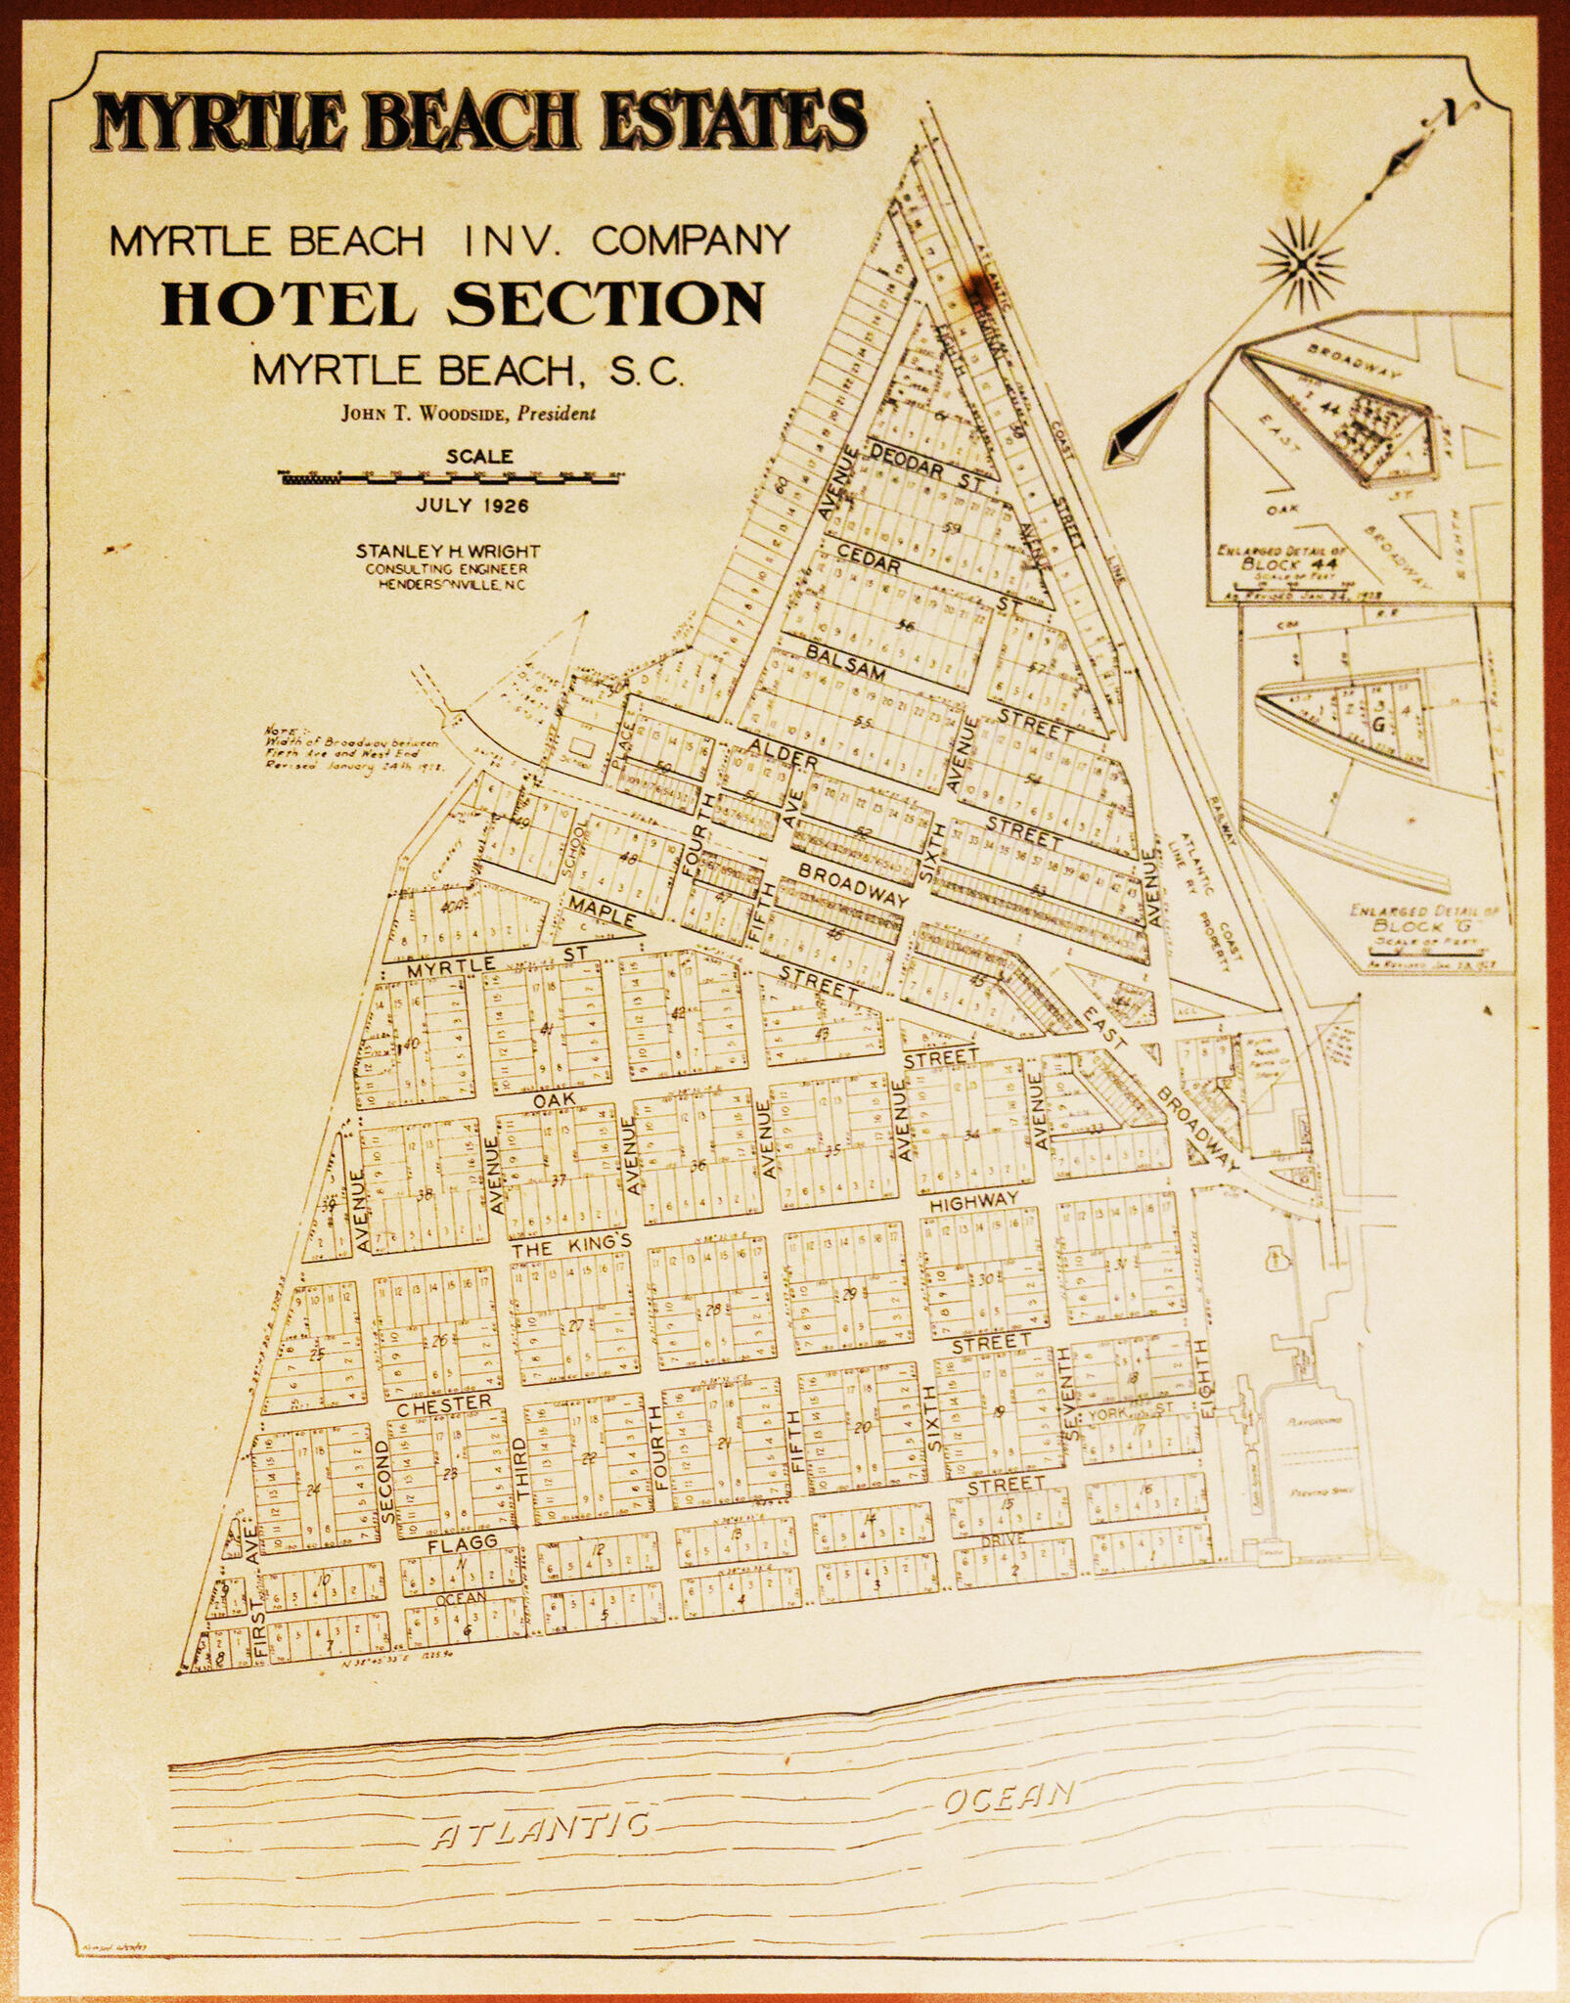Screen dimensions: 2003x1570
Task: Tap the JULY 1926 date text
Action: pyautogui.click(x=471, y=506)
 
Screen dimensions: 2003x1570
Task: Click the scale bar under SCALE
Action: pyautogui.click(x=453, y=477)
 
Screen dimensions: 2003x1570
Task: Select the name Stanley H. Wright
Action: pyautogui.click(x=448, y=552)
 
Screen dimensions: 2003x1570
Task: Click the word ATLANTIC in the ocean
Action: pyautogui.click(x=541, y=1828)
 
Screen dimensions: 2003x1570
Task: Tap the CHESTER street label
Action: pyautogui.click(x=444, y=1403)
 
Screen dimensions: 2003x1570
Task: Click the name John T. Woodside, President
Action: pyautogui.click(x=468, y=413)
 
